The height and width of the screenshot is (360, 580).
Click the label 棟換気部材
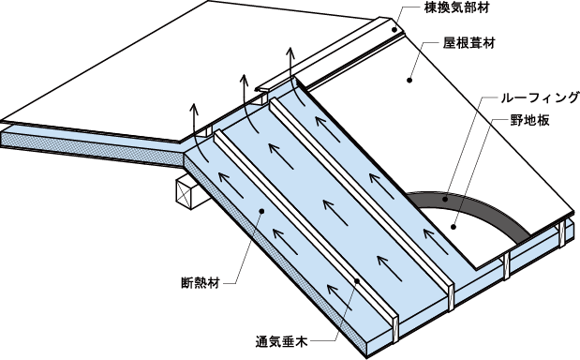(x=456, y=7)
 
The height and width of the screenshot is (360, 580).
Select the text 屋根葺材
(x=469, y=43)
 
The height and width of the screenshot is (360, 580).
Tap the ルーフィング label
(x=540, y=98)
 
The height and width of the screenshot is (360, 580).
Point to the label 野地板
(x=529, y=120)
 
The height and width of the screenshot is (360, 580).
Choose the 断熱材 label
(x=201, y=283)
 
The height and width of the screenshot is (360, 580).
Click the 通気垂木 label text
(x=282, y=341)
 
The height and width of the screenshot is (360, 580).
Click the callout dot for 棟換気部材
(x=394, y=29)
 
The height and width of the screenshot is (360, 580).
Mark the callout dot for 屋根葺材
(x=409, y=80)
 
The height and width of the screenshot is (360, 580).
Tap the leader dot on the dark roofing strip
(x=445, y=200)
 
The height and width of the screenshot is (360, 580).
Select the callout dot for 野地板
(x=454, y=227)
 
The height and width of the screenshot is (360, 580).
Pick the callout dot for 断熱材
(x=261, y=211)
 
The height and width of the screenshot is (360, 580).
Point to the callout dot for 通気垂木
(x=357, y=281)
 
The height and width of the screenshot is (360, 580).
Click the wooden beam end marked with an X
(x=187, y=193)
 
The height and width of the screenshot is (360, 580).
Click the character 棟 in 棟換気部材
(x=431, y=7)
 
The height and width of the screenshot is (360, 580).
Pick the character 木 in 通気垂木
(x=302, y=341)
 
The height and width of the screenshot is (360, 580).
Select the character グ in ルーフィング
(x=572, y=98)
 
